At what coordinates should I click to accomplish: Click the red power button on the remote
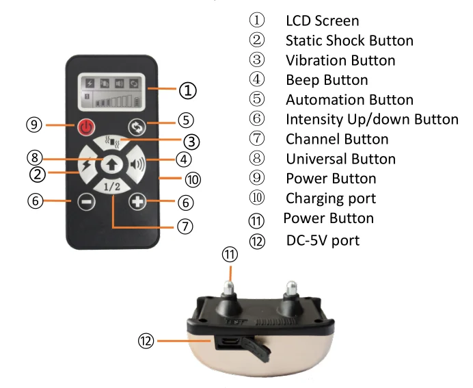(x=84, y=127)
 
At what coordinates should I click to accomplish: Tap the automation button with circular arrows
(x=136, y=127)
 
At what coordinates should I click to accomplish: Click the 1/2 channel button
(x=111, y=186)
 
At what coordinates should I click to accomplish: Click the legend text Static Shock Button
(x=349, y=40)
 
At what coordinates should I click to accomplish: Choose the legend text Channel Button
(x=337, y=140)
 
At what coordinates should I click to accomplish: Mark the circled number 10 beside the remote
(x=193, y=180)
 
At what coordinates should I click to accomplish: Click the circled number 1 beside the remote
(x=188, y=89)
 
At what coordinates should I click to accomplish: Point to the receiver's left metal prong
(x=230, y=287)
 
